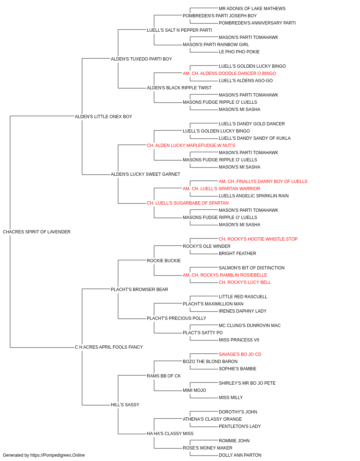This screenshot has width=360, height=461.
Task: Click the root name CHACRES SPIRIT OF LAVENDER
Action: [x=36, y=232]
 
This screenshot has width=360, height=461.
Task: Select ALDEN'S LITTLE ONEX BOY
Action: [x=103, y=116]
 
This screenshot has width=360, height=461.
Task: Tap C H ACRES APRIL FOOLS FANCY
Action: [x=109, y=347]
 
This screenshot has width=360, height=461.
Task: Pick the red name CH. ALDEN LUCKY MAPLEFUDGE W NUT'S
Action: [x=191, y=145]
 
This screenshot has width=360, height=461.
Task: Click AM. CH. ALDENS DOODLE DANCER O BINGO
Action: [x=229, y=73]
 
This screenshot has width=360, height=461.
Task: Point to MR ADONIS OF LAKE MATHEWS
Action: [x=252, y=9]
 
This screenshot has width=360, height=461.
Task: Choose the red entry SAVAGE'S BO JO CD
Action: [x=240, y=354]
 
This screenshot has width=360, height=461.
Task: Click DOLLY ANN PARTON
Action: [x=240, y=455]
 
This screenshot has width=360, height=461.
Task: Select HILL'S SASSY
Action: [x=125, y=404]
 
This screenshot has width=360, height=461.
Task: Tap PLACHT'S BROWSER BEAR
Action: [x=139, y=289]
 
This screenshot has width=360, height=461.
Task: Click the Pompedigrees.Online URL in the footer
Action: [x=58, y=455]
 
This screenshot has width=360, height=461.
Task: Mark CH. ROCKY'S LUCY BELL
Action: [x=245, y=282]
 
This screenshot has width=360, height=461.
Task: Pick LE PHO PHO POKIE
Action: [x=239, y=52]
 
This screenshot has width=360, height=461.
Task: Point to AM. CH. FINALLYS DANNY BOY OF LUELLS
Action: [x=263, y=182]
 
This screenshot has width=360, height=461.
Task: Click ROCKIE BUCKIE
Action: [x=164, y=260]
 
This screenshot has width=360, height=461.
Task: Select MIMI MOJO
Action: [x=194, y=390]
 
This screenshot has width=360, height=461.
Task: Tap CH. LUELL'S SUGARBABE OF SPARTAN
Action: [x=188, y=203]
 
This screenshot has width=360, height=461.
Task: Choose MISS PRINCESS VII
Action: [x=239, y=340]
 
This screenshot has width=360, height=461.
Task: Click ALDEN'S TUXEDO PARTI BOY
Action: [x=141, y=59]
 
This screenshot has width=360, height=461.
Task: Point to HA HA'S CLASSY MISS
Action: [x=170, y=433]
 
